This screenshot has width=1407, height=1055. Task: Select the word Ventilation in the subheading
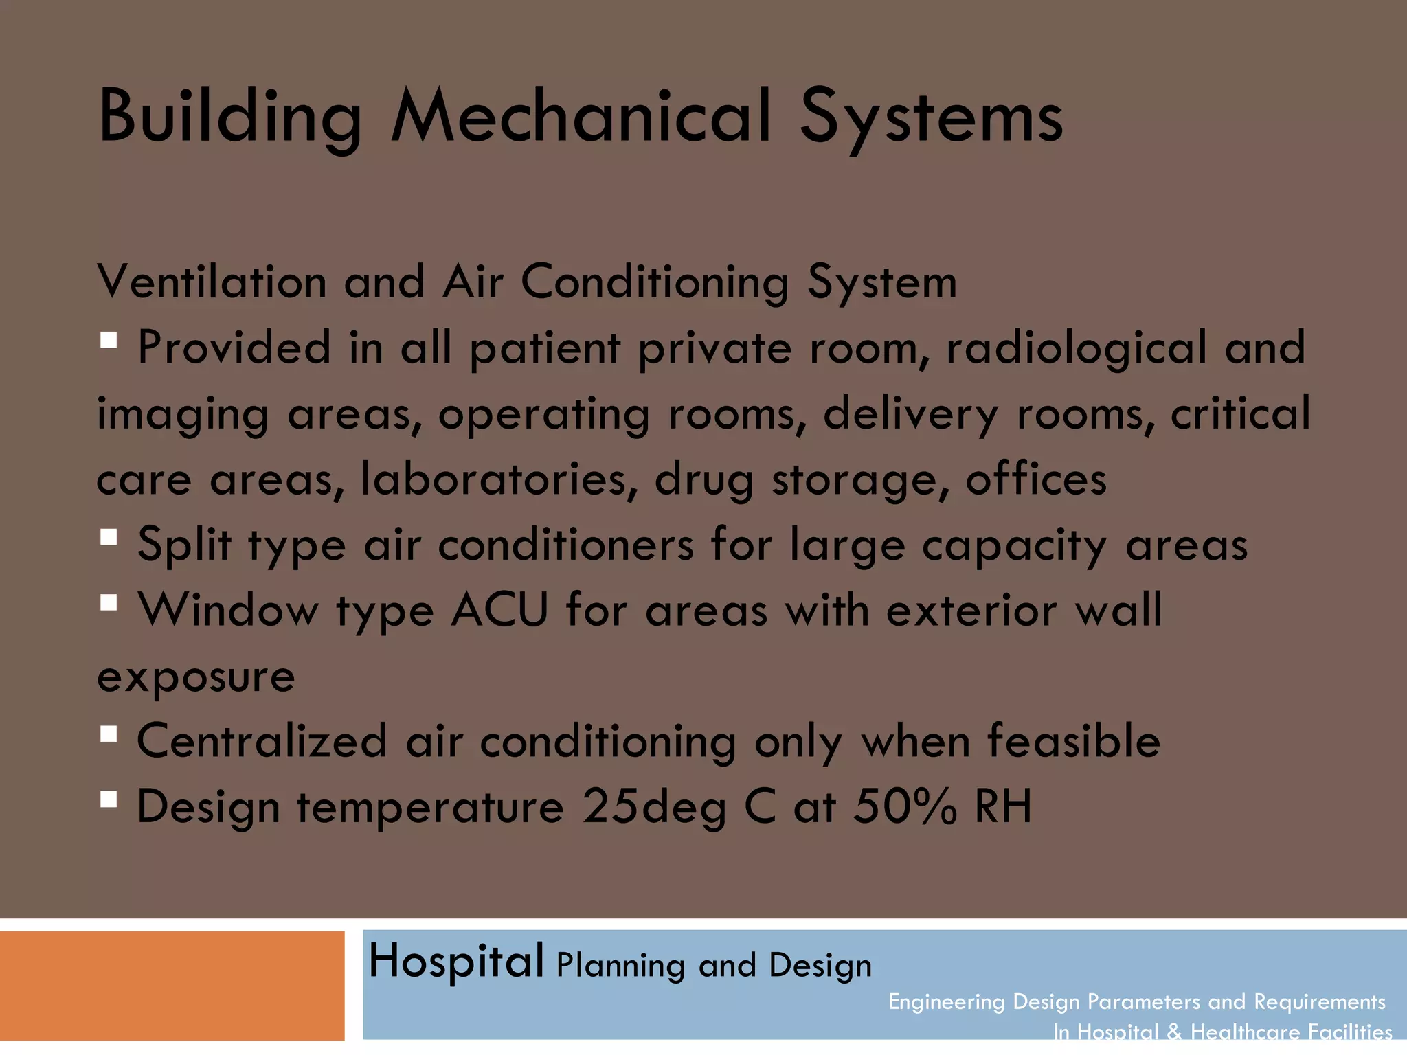tap(212, 282)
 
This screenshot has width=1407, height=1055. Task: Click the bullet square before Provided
tap(109, 340)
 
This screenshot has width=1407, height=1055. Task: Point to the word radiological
tap(1076, 348)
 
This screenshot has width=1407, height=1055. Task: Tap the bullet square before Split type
tap(109, 536)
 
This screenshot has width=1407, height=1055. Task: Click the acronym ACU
tap(499, 610)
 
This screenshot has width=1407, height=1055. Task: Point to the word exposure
tap(196, 677)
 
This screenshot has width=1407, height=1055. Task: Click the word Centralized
tap(262, 741)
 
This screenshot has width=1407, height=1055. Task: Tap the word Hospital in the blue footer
tap(456, 961)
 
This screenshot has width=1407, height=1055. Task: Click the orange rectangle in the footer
tap(172, 986)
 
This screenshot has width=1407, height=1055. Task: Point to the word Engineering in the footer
tap(946, 1002)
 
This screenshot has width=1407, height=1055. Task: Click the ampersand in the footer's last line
tap(1174, 1032)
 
